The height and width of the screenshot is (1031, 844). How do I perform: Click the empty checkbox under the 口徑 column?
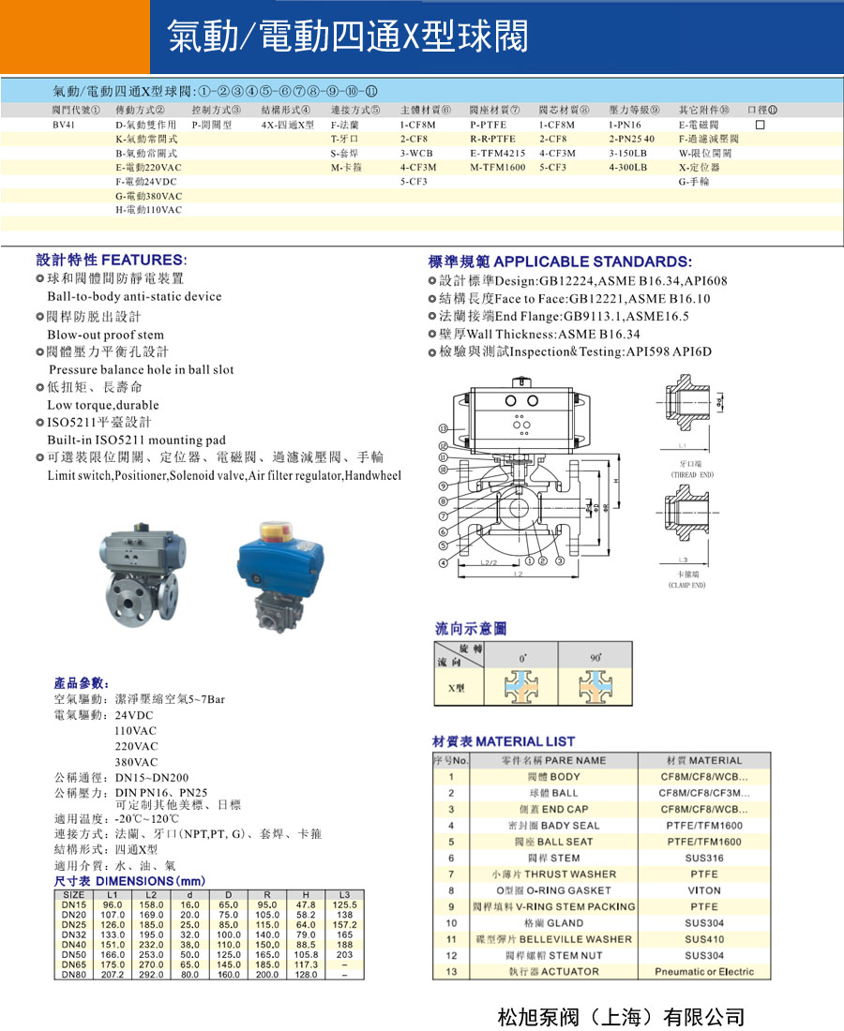click(x=761, y=125)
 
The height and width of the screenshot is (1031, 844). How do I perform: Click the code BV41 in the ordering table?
click(x=65, y=125)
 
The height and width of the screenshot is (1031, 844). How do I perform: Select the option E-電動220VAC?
click(x=148, y=167)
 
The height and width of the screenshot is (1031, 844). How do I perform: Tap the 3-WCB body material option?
click(x=416, y=153)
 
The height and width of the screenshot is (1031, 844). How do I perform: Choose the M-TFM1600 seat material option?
click(x=498, y=167)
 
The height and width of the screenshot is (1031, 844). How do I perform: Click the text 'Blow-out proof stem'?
click(x=105, y=335)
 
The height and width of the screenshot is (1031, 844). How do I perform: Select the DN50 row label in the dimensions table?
click(x=74, y=955)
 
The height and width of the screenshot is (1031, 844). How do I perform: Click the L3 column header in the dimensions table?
click(x=344, y=895)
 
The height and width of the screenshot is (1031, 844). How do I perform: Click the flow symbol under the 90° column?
click(x=595, y=690)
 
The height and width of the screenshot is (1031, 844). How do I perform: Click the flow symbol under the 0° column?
click(x=521, y=690)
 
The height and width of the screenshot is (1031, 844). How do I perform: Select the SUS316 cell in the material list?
click(x=703, y=858)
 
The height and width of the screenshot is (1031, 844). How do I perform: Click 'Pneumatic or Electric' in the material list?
click(x=703, y=971)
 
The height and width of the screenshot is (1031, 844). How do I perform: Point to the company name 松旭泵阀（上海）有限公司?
click(x=621, y=1016)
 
